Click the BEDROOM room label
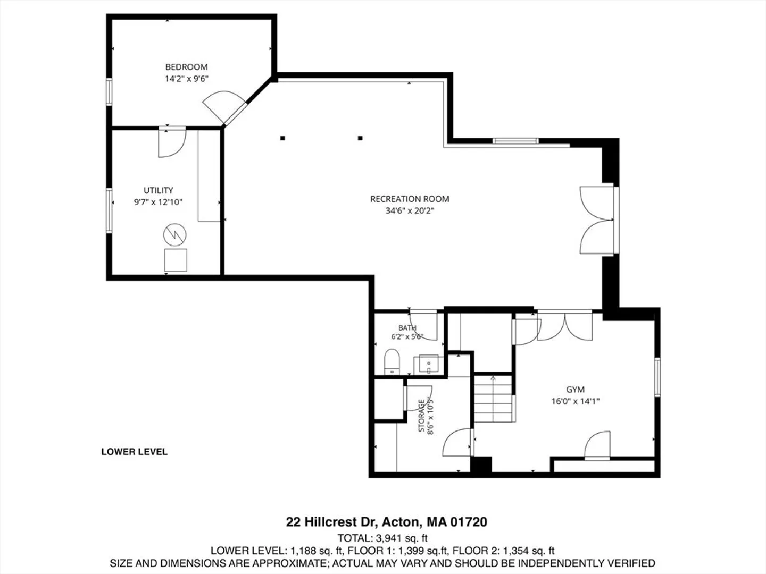click(186, 66)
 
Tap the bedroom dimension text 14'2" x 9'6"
click(186, 79)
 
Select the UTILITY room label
click(159, 190)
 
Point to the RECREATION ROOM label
click(410, 199)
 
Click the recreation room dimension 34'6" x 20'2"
click(410, 211)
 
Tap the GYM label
click(575, 389)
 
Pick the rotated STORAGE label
click(421, 416)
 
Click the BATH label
click(407, 327)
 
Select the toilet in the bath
click(392, 362)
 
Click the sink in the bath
click(428, 364)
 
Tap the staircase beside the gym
click(494, 399)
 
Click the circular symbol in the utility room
click(175, 234)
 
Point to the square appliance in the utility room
click(176, 260)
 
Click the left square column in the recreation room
click(282, 138)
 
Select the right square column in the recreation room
click(360, 138)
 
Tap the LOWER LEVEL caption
click(135, 452)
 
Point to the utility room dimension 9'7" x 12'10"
click(159, 202)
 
